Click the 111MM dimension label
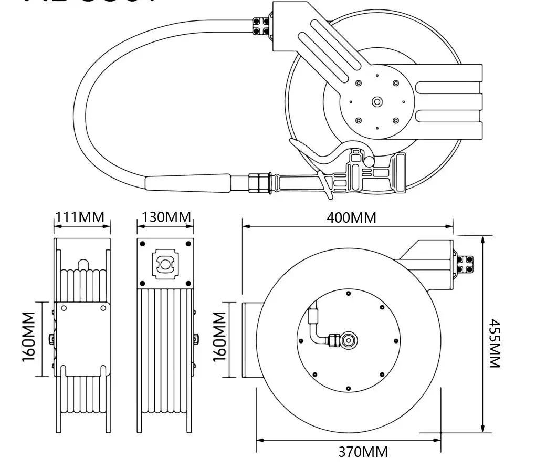coord(80,217)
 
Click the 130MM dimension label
coord(165,217)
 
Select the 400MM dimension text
coord(352,217)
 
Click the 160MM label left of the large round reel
coord(219,337)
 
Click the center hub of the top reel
coord(376,102)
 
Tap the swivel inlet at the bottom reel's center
coord(347,340)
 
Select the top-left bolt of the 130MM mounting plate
coord(142,243)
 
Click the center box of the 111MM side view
coord(82,339)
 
